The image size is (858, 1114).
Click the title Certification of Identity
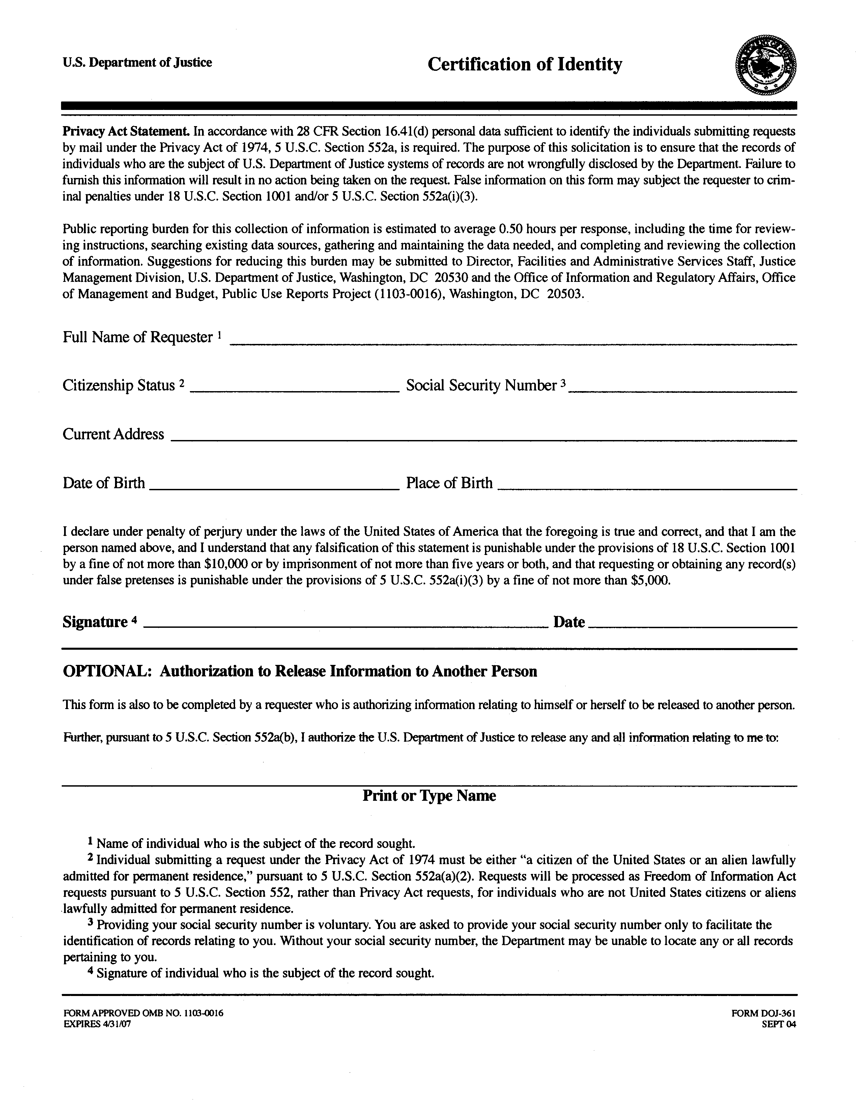point(524,65)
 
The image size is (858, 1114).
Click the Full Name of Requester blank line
point(513,342)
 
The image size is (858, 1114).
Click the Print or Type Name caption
point(429,796)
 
